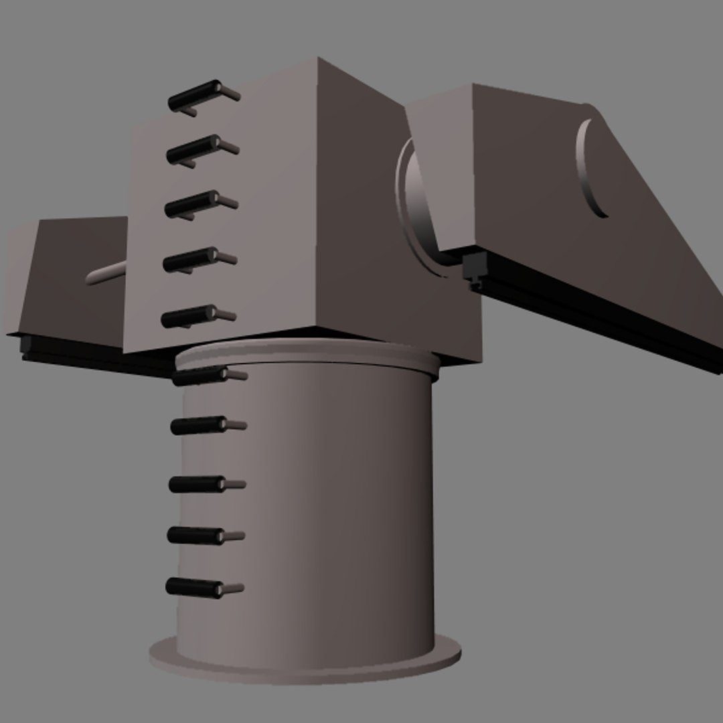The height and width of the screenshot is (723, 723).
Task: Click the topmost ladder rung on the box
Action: (194, 96)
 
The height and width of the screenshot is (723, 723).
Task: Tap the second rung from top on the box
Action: (193, 150)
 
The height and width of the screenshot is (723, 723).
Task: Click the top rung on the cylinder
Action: (199, 377)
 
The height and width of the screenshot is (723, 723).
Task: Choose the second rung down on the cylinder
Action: (198, 426)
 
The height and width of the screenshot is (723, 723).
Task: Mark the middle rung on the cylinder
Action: (197, 484)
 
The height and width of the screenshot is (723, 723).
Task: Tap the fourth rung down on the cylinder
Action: (195, 536)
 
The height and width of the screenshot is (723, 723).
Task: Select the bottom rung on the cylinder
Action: (194, 587)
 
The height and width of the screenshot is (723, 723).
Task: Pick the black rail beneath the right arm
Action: (602, 315)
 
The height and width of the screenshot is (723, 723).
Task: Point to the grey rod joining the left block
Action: (107, 273)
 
